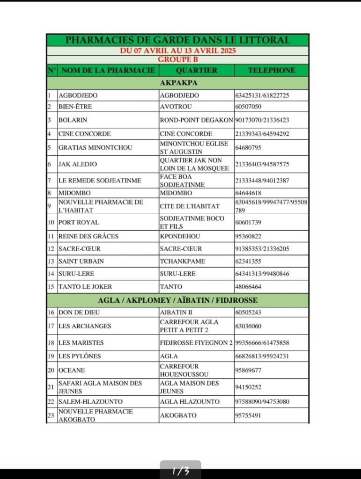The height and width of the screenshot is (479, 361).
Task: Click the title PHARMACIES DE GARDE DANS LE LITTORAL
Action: click(177, 40)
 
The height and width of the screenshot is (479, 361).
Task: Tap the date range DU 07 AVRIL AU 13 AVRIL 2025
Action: click(177, 51)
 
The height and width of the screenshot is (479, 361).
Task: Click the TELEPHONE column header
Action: click(272, 70)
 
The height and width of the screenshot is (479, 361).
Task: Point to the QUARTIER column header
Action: click(197, 70)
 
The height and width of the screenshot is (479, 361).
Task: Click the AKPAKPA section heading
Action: click(178, 83)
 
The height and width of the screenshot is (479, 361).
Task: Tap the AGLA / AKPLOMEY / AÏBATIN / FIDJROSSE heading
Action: click(178, 300)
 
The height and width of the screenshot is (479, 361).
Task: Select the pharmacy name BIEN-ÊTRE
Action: click(72, 107)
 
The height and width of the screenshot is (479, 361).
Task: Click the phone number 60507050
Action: click(249, 107)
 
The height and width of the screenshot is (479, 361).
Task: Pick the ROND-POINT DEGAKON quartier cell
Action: click(196, 120)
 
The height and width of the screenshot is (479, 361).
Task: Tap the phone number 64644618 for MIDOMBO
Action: click(248, 193)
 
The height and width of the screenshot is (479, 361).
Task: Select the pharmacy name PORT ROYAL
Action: click(79, 222)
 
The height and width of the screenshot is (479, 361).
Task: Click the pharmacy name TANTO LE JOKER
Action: click(85, 286)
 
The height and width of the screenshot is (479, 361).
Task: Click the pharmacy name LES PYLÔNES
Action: click(80, 356)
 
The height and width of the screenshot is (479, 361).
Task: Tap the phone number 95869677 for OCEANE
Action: click(248, 370)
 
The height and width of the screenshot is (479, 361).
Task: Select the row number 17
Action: click(52, 326)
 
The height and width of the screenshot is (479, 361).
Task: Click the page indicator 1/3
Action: click(180, 471)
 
